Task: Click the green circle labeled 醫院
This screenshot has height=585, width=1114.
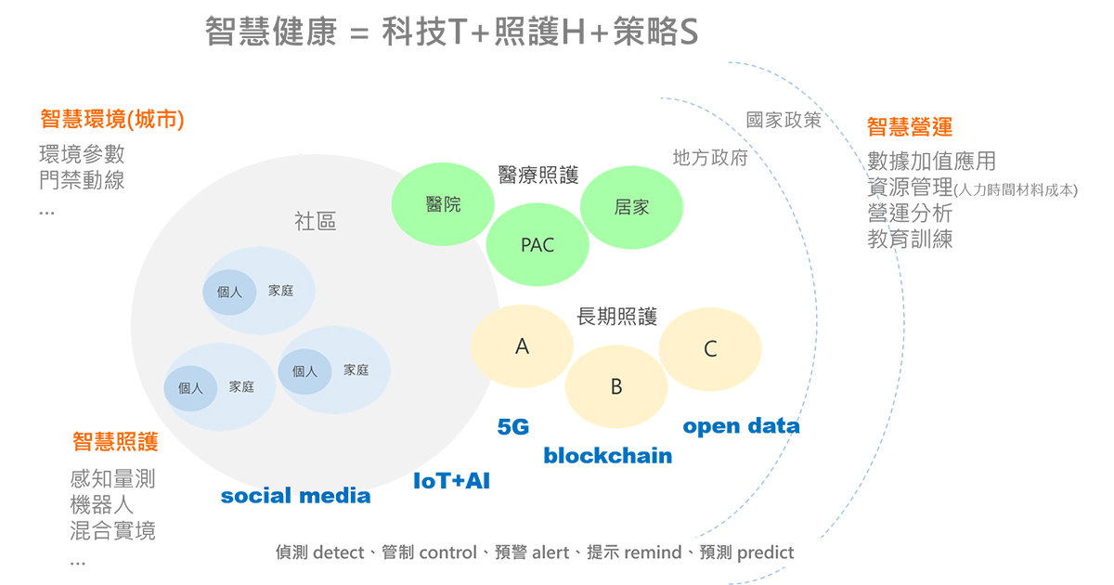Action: click(443, 204)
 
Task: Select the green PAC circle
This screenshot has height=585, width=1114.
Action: click(538, 245)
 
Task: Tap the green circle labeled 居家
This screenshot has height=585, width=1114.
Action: click(631, 207)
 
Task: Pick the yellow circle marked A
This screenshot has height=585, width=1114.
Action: click(522, 346)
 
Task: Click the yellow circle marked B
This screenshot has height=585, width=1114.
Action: click(616, 386)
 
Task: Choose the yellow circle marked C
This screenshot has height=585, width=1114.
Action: click(710, 349)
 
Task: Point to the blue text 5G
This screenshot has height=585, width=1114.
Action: click(513, 427)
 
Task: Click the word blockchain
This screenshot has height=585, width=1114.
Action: click(608, 456)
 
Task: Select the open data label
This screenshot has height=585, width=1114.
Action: click(741, 426)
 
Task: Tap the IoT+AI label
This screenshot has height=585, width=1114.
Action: click(451, 481)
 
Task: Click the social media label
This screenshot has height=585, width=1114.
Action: click(295, 496)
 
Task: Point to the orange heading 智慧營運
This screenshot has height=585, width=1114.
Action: click(910, 127)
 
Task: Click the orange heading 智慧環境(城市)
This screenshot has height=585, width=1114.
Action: click(112, 120)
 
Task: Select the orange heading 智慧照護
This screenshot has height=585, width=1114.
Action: click(115, 442)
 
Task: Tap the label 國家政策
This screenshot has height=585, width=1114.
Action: click(784, 120)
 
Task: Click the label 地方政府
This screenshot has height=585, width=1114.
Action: click(710, 158)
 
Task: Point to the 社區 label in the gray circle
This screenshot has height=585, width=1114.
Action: click(316, 221)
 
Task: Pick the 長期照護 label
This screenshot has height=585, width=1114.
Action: click(616, 317)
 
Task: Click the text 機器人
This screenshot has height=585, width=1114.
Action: click(102, 505)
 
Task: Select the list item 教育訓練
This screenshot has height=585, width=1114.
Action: click(910, 240)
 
